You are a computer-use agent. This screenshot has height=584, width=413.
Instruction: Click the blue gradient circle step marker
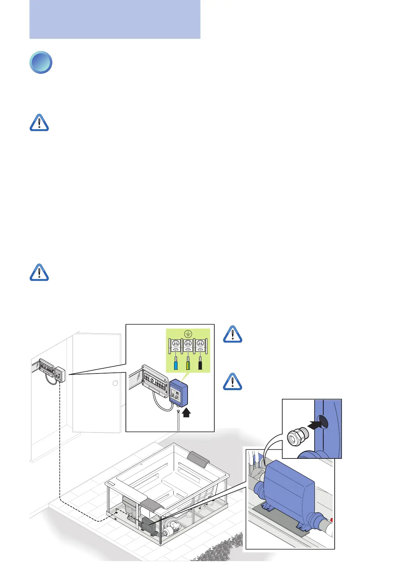[41, 62]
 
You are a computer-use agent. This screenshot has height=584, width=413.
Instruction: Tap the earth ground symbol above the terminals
[188, 334]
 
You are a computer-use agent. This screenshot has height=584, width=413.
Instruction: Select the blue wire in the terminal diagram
[176, 365]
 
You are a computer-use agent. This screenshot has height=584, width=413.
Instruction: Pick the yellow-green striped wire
[188, 365]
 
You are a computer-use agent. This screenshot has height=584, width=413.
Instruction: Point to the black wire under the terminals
[200, 365]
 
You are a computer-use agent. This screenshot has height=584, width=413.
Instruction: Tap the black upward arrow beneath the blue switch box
[186, 412]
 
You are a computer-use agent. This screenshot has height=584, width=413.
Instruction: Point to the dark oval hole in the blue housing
[323, 421]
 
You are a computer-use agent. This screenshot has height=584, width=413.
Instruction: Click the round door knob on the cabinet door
[115, 383]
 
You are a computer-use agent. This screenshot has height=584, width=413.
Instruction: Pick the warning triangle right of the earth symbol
[232, 334]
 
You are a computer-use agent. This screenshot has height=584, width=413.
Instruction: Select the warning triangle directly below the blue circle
[39, 123]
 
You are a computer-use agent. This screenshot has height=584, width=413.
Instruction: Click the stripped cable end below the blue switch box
[178, 413]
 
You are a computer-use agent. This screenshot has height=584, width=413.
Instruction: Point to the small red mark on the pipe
[332, 520]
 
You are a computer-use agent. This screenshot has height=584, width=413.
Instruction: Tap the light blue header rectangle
[115, 19]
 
